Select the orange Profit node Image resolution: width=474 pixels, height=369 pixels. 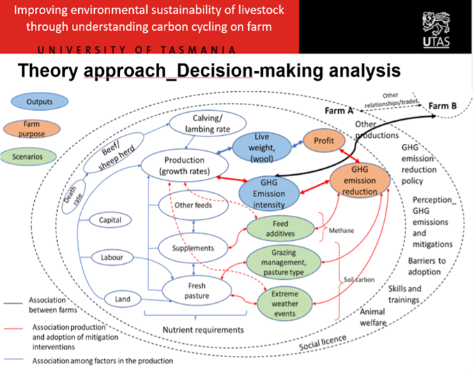point(323,139)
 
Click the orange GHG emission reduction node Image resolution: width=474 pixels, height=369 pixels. point(361,181)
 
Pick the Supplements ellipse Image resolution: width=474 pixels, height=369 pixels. point(185,247)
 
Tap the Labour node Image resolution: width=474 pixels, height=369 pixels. point(112,258)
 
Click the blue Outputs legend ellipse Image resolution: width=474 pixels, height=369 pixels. point(40,102)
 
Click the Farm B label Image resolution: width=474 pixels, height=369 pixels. point(443,106)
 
